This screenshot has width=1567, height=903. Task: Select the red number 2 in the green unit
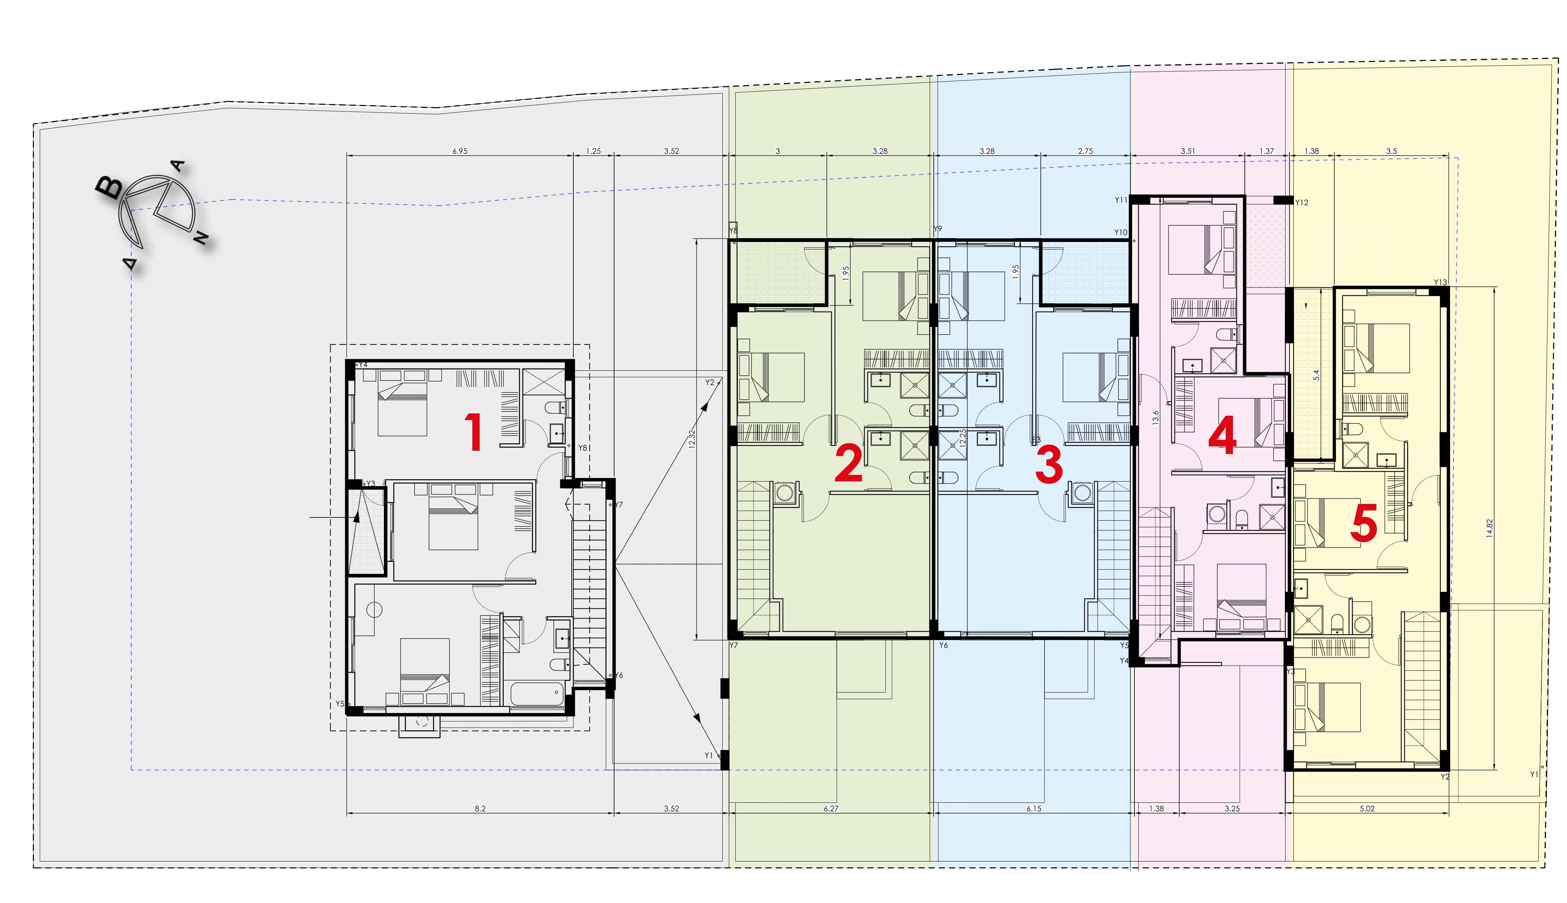pyautogui.click(x=848, y=464)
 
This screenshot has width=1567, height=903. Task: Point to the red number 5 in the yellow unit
pyautogui.click(x=1364, y=523)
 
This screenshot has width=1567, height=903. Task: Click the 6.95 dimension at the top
pyautogui.click(x=460, y=151)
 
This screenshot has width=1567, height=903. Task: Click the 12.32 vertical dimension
pyautogui.click(x=691, y=439)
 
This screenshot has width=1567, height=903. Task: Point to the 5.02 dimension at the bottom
pyautogui.click(x=1367, y=809)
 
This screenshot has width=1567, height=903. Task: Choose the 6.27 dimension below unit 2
pyautogui.click(x=831, y=809)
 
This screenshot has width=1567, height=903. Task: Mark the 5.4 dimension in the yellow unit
pyautogui.click(x=1316, y=375)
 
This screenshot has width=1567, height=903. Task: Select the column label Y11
pyautogui.click(x=1120, y=200)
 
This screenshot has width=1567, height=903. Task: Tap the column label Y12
pyautogui.click(x=1301, y=203)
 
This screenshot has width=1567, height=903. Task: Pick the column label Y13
pyautogui.click(x=1440, y=282)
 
